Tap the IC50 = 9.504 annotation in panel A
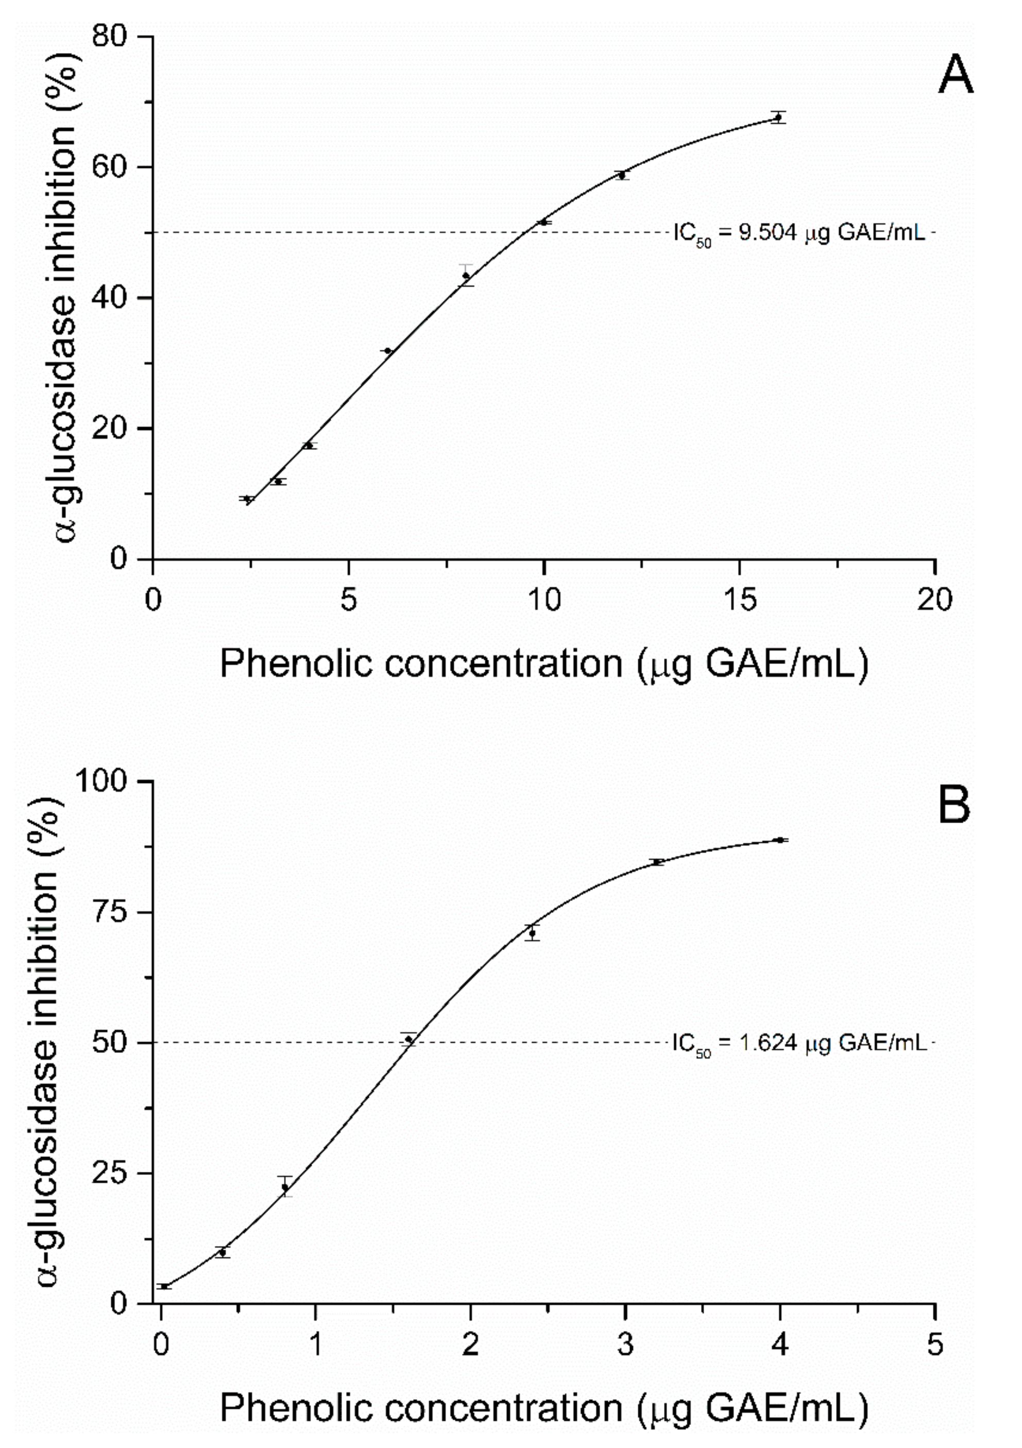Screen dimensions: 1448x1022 click(799, 234)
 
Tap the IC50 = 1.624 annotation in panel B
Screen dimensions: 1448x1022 click(799, 1043)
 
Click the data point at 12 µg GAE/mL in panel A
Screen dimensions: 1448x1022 click(622, 175)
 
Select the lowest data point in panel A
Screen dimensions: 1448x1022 click(248, 500)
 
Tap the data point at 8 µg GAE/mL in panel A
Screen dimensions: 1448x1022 click(466, 276)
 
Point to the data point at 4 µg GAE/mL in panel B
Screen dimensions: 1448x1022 click(780, 840)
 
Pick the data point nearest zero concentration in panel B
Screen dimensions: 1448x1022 click(164, 1287)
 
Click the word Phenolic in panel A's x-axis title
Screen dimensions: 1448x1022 click(296, 664)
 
